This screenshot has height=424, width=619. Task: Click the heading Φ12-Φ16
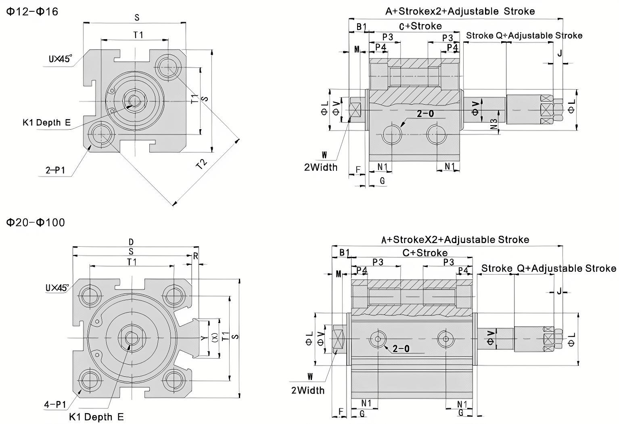coord(32,11)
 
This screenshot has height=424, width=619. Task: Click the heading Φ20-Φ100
coord(36,222)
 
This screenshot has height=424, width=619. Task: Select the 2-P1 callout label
coord(55,170)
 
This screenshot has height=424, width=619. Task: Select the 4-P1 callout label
coord(55,404)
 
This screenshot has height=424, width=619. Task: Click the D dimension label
coord(131,242)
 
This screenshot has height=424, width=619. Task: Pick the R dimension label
coord(196,256)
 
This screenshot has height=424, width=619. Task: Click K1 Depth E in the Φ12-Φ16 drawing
coord(46,122)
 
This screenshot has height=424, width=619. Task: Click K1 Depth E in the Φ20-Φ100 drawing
coord(96,417)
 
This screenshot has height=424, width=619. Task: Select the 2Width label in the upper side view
coord(321,167)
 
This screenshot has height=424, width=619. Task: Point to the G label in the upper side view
coord(382,181)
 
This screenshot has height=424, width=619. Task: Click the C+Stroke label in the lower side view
coord(425,253)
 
